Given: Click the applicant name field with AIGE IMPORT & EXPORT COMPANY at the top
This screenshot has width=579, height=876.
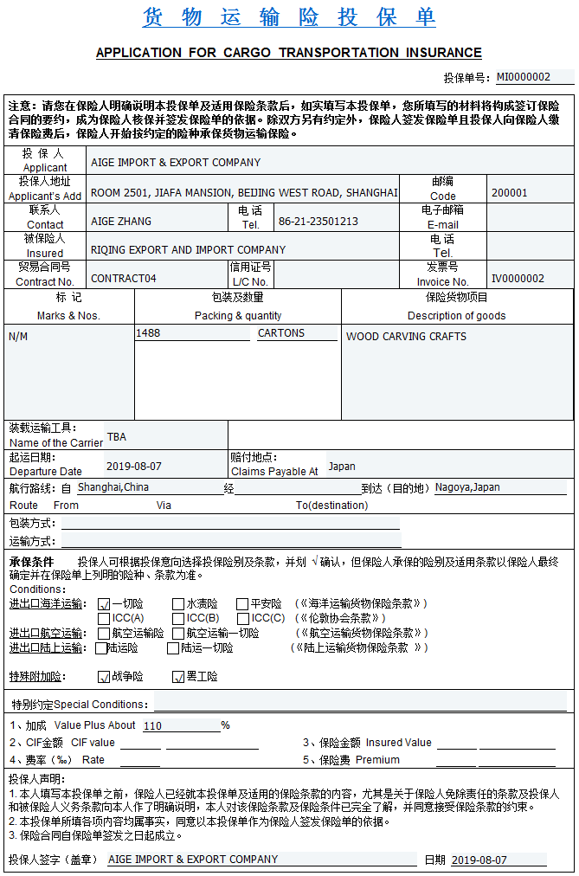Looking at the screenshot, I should click(x=176, y=163).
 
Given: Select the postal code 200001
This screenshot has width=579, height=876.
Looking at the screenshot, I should click(x=509, y=193).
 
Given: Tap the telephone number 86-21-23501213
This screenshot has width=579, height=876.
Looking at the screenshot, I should click(x=318, y=222).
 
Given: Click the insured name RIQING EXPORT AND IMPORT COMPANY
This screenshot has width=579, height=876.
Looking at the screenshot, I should click(x=188, y=250).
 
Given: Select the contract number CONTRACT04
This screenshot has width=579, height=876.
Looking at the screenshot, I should click(x=124, y=279).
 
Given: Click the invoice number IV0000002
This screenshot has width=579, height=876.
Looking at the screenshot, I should click(x=518, y=279).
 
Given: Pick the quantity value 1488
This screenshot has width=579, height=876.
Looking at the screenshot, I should click(x=148, y=333).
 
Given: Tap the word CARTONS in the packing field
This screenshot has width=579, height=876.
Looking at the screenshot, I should click(x=281, y=333).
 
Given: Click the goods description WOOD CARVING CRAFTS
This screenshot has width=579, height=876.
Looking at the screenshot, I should click(x=406, y=337).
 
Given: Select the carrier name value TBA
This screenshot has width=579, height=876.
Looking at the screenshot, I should click(x=116, y=437).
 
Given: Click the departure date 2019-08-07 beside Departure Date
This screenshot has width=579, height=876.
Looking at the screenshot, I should click(x=133, y=467).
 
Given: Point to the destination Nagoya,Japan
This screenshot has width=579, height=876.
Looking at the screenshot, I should click(x=467, y=487).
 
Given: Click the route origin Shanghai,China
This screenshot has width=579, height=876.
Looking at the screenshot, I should click(x=113, y=487).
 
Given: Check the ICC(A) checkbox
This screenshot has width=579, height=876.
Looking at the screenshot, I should click(x=105, y=619).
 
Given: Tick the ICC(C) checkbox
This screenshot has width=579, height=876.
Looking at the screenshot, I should click(x=242, y=619).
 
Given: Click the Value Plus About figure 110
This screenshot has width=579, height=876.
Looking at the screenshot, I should click(x=153, y=726).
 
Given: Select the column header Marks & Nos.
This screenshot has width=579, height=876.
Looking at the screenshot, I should click(x=68, y=316).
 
